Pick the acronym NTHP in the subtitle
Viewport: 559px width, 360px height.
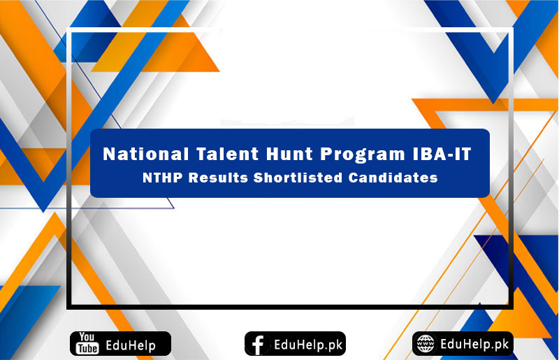161,178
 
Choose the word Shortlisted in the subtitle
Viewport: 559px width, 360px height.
298,178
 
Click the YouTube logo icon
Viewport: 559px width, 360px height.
87,344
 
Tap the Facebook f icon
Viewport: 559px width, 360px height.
258,344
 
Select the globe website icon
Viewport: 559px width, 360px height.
425,344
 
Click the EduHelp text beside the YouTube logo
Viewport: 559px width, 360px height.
130,345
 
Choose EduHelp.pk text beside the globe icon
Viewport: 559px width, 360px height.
474,344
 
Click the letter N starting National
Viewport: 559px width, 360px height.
109,154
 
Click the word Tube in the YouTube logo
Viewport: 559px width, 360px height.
87,349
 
